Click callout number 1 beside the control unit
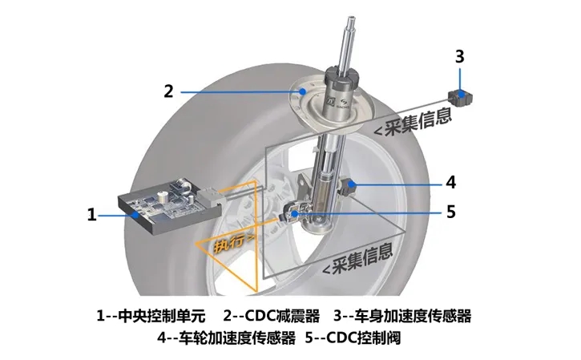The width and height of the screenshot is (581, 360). click(91, 215)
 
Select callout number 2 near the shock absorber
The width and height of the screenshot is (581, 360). click(168, 91)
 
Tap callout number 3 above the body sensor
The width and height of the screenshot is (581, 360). click(459, 57)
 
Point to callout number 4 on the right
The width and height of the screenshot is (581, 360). click(450, 182)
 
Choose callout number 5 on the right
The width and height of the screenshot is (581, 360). click(450, 212)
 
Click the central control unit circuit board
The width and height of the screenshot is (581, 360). click(161, 203)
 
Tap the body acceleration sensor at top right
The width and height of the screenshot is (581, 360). click(460, 97)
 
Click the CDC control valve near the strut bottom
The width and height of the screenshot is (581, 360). click(294, 213)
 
